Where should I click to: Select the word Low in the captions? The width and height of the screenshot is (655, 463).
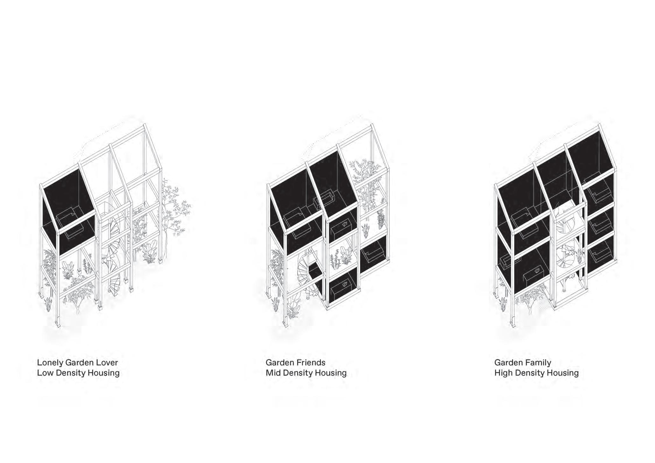pyautogui.click(x=45, y=373)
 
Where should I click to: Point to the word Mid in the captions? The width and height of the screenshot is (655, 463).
pyautogui.click(x=273, y=373)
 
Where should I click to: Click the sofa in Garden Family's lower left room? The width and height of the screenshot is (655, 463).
pyautogui.click(x=507, y=263)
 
